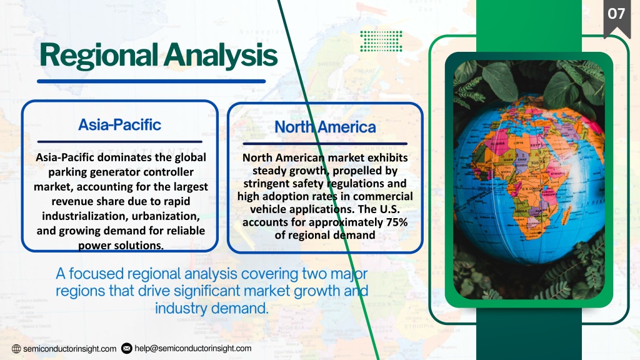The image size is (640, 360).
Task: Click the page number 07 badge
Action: point(616,16)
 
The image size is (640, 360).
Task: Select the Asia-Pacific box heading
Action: point(119,125)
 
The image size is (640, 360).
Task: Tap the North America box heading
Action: point(325,127)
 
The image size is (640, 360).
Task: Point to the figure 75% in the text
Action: point(396,222)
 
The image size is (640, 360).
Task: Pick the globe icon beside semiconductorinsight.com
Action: point(16,349)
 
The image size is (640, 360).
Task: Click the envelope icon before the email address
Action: point(126,348)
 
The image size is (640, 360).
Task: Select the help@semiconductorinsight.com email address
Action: point(193,348)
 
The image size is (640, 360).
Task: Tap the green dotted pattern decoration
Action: point(381,41)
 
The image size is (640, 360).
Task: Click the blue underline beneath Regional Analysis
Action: point(151,81)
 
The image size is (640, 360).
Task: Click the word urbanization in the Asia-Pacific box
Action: point(166,216)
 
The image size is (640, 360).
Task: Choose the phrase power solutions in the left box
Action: point(121,245)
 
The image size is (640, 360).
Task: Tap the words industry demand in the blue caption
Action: point(211,308)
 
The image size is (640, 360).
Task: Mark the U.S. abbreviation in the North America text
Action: point(383,209)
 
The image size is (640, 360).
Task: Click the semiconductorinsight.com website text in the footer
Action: point(70,349)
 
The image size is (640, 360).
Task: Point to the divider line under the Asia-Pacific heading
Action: point(119,142)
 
